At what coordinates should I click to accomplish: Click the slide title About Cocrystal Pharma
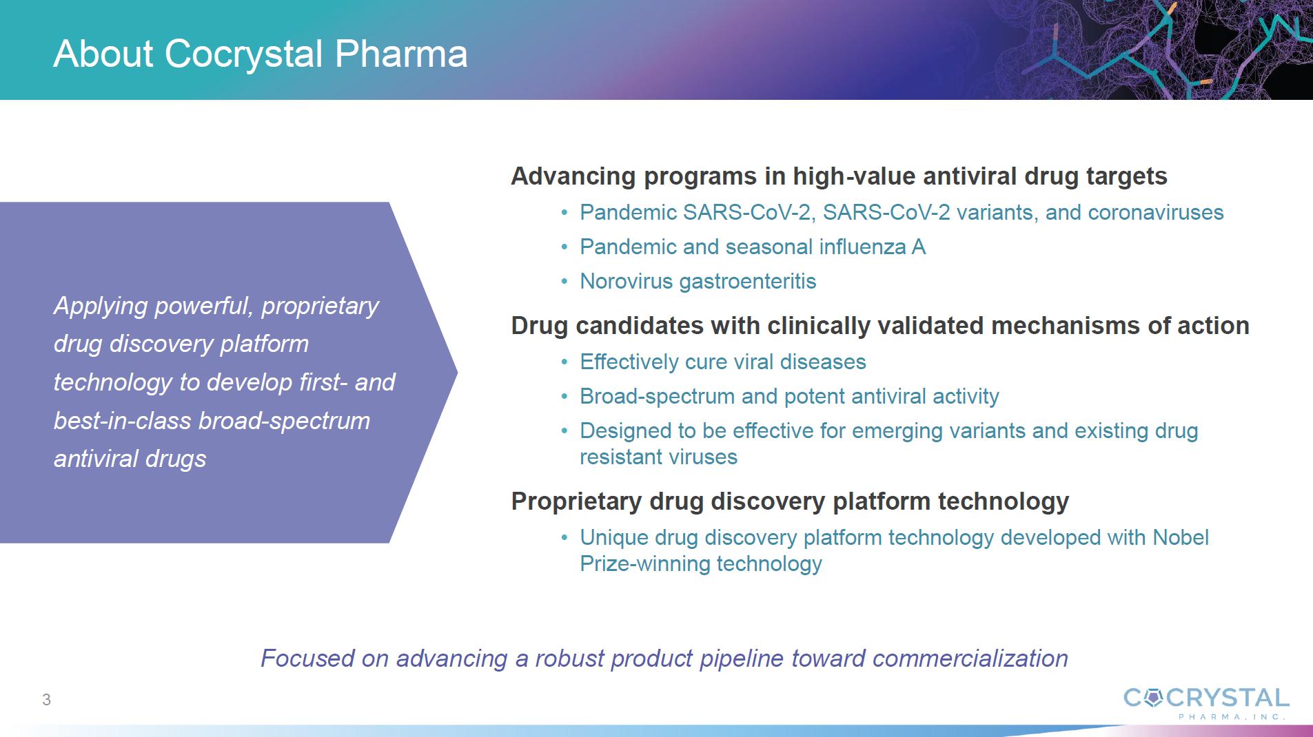point(261,54)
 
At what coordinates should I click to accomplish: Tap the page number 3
point(46,700)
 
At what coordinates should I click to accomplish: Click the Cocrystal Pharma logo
point(1206,703)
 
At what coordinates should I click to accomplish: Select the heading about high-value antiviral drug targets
point(839,176)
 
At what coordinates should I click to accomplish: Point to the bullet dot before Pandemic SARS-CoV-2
point(564,213)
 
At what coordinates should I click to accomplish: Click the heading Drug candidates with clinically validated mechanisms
point(880,326)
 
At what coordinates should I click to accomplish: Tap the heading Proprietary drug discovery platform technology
point(790,501)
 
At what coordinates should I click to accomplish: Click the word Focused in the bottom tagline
point(307,658)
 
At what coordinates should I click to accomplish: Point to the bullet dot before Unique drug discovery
point(564,538)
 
